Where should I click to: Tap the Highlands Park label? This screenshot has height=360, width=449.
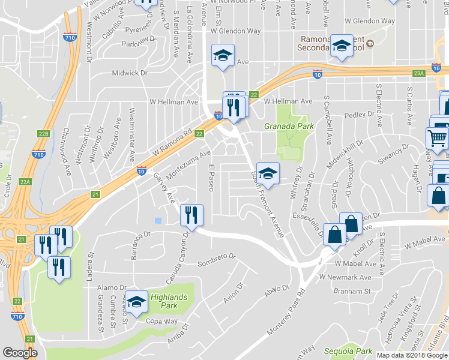(169, 301)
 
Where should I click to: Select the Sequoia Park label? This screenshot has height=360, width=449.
(348, 351)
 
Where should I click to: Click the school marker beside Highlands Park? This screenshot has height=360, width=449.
(137, 303)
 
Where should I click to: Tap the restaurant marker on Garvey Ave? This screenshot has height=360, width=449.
(191, 215)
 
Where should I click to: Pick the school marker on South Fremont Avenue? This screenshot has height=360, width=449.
(268, 173)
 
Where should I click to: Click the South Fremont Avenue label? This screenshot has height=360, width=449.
(267, 203)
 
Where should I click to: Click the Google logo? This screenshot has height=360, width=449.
(20, 353)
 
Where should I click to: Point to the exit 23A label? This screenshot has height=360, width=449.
(418, 73)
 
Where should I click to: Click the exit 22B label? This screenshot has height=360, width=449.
(43, 134)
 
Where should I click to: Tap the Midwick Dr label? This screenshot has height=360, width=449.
(129, 73)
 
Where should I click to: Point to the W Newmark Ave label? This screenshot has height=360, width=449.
(345, 277)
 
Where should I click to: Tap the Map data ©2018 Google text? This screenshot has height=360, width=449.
(411, 355)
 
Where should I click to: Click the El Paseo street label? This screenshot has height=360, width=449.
(211, 178)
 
